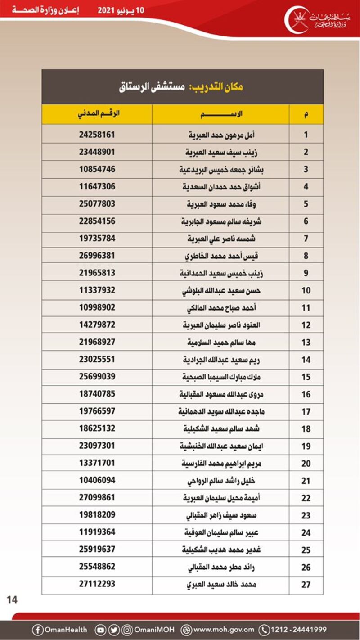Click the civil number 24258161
tap(97, 134)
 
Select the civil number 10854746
tap(97, 169)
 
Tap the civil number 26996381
tap(97, 256)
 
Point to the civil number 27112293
tap(97, 584)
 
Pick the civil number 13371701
tap(97, 463)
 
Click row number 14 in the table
tap(306, 360)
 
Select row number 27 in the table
tap(306, 585)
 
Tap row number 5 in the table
tap(306, 204)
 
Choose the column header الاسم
tap(220, 114)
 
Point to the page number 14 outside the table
tap(12, 599)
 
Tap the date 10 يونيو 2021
tap(121, 10)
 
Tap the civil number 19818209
tap(97, 514)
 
